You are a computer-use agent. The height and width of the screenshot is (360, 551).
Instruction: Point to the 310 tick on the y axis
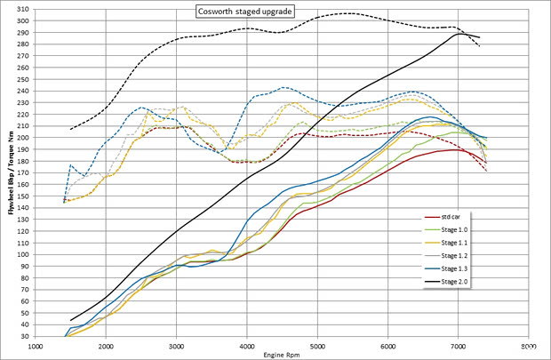[22, 9]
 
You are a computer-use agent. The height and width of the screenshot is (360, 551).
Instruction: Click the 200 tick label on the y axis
[22, 138]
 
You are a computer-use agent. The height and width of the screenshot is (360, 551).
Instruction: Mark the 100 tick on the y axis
[22, 255]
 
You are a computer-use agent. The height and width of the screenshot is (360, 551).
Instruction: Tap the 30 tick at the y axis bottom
[24, 337]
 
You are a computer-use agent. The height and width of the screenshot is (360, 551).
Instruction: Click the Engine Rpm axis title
[283, 355]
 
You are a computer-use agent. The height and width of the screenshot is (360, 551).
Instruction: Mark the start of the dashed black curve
[71, 130]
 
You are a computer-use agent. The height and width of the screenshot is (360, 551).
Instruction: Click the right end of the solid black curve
[480, 37]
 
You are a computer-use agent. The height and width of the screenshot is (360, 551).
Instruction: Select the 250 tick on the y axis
[22, 79]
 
